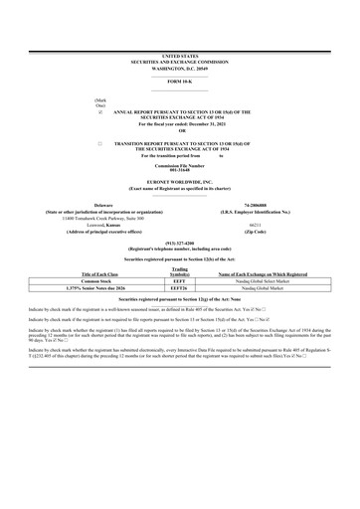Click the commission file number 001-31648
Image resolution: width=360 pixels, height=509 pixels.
pyautogui.click(x=179, y=167)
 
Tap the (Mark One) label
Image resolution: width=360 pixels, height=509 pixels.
pyautogui.click(x=99, y=102)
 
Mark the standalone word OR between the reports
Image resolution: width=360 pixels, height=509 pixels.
pyautogui.click(x=180, y=131)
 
